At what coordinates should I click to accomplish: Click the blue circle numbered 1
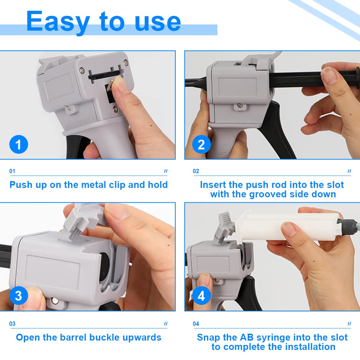tap(19, 144)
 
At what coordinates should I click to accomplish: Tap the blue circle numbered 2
tap(201, 144)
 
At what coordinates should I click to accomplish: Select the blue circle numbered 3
tap(19, 296)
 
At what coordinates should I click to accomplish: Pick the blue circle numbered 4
tap(201, 296)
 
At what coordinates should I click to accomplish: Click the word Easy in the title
tap(58, 22)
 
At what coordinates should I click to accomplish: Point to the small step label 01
tap(12, 171)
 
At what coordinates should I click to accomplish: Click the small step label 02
tap(196, 171)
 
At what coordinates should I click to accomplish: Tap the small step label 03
tap(12, 324)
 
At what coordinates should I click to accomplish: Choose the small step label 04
tap(196, 324)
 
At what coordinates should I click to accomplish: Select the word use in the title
tap(158, 23)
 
